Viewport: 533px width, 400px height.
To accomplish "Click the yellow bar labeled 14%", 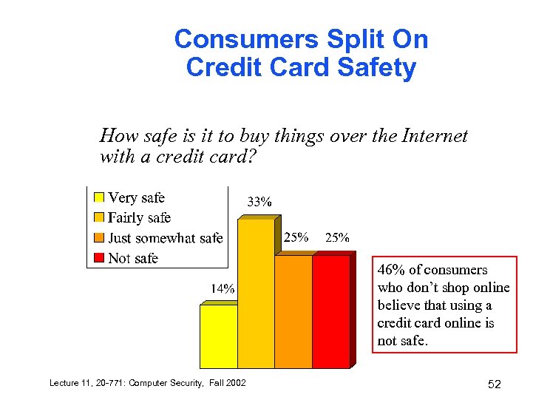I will click(x=219, y=336).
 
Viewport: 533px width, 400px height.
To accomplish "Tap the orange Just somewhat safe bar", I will click(x=293, y=311).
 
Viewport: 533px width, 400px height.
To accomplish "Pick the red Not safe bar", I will click(x=330, y=311).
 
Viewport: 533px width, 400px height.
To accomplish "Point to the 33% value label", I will click(x=259, y=201).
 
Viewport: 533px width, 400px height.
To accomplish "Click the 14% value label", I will click(x=223, y=289).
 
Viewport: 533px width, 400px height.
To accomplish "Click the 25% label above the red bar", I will click(x=337, y=237).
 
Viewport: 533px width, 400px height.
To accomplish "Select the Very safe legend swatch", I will click(x=98, y=198).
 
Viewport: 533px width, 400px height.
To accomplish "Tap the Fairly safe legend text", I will click(x=140, y=217).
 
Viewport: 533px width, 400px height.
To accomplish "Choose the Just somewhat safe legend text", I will click(x=165, y=238).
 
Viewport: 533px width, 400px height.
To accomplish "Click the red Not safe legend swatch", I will click(x=98, y=258).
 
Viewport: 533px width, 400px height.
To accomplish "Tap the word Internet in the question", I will click(x=437, y=136).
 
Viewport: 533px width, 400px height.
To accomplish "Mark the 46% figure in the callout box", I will click(x=390, y=270).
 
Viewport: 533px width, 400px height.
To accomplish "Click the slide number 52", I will click(x=495, y=383).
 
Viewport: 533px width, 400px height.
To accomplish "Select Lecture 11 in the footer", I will click(x=69, y=382).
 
